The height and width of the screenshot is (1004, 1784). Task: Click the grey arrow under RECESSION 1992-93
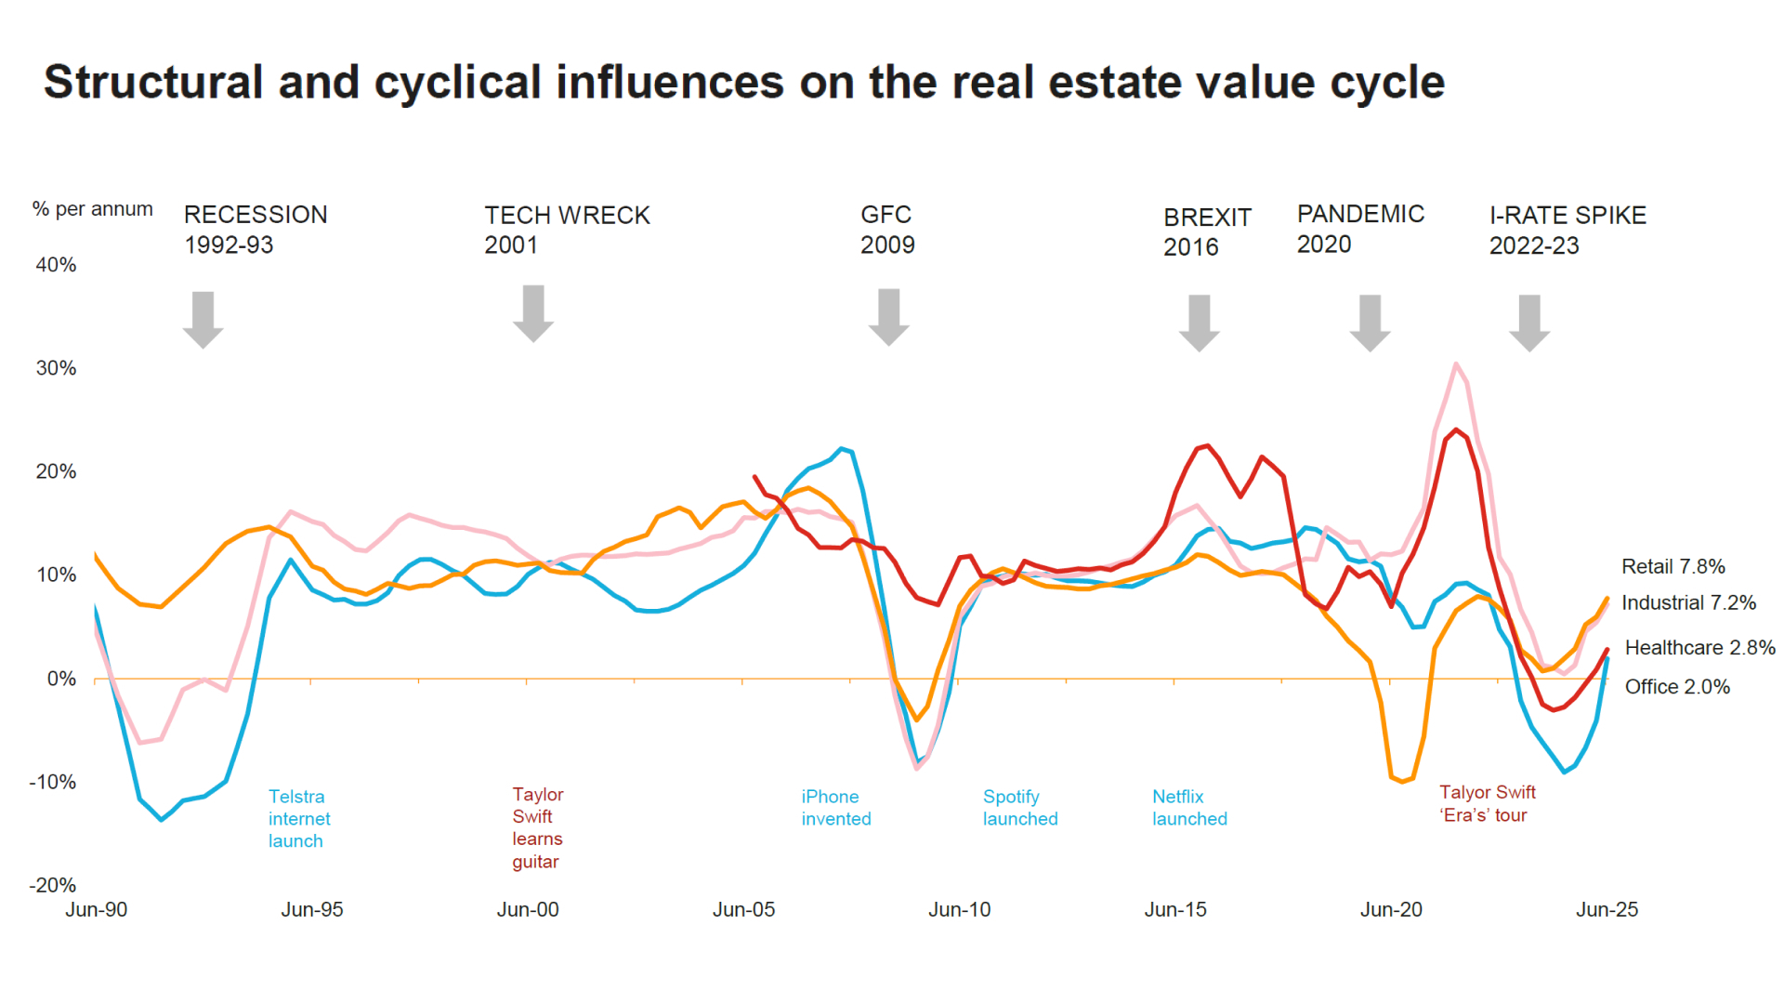pos(203,319)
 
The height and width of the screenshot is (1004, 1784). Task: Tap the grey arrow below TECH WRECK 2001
pos(533,314)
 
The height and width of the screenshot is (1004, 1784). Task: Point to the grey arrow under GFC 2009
pos(888,317)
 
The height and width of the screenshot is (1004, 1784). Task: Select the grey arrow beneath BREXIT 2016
pos(1199,323)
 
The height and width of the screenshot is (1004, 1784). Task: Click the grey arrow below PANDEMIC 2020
pos(1370,323)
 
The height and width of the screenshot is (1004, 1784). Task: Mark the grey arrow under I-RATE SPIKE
pos(1529,323)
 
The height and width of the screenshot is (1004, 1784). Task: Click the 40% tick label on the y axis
pos(56,265)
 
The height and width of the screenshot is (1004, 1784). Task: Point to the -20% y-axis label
pos(53,885)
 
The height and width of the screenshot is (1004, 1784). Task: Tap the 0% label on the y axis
pos(61,679)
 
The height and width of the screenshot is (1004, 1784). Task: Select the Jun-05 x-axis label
pos(743,909)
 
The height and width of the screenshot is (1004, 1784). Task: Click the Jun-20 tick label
pos(1391,909)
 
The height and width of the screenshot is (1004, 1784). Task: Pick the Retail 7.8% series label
pos(1672,566)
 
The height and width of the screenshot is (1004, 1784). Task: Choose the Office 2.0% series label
pos(1677,686)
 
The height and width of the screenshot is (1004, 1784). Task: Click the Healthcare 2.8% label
pos(1699,647)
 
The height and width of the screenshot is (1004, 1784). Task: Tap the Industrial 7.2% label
pos(1688,602)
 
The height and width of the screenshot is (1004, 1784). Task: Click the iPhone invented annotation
pos(835,807)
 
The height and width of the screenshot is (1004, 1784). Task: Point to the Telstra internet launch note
pos(298,818)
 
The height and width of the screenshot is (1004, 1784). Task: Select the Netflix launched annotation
pos(1189,807)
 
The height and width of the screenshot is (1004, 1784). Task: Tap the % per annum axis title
pos(92,209)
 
